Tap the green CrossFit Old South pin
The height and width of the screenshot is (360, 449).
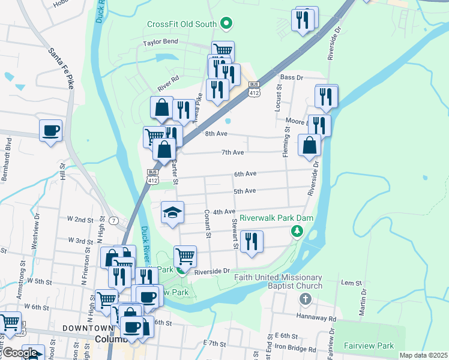226,25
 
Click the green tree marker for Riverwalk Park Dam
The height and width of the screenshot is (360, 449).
296,231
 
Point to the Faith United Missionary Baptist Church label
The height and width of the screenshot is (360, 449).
279,281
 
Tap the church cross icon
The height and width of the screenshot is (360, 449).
305,299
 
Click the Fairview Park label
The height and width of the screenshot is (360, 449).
369,346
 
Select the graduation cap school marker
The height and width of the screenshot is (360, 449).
172,212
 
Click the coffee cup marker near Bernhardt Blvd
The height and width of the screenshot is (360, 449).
50,130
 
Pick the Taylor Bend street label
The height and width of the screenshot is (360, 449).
160,43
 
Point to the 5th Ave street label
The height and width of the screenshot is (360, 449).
244,191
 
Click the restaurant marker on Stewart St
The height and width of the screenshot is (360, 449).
252,242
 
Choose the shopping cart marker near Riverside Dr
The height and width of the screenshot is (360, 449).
185,256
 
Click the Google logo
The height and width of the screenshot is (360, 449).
20,353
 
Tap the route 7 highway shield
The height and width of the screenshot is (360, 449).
113,220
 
